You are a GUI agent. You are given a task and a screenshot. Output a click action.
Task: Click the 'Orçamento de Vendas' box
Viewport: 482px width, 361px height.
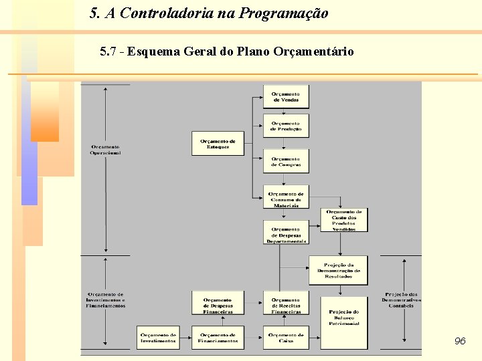click(x=286, y=96)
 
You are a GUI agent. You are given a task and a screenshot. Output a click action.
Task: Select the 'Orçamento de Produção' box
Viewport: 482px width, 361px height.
click(x=286, y=125)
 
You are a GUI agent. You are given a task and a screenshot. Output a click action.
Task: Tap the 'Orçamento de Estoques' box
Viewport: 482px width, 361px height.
click(x=218, y=144)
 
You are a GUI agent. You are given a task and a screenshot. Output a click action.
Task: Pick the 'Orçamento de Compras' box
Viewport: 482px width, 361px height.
click(x=286, y=161)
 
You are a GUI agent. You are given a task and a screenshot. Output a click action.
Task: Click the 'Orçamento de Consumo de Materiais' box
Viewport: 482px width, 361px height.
click(x=286, y=199)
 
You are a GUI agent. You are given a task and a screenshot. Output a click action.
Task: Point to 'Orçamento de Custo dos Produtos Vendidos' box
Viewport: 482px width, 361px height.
click(x=344, y=220)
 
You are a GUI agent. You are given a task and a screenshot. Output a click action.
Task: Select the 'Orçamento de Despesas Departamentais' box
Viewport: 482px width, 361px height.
click(x=286, y=234)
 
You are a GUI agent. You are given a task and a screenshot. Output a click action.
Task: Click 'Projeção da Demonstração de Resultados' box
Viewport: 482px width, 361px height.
click(x=337, y=270)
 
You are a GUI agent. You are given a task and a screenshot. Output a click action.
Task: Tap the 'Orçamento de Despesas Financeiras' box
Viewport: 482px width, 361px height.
click(x=218, y=305)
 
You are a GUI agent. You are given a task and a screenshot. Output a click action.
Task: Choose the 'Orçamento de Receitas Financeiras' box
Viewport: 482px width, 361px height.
click(x=286, y=305)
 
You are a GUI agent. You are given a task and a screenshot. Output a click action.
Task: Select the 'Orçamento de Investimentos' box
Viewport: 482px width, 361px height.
click(x=159, y=338)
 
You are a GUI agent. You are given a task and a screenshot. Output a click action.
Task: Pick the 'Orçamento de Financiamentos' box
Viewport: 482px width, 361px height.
click(x=218, y=338)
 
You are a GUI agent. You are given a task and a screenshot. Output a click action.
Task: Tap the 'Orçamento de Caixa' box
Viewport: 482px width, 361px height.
click(x=286, y=338)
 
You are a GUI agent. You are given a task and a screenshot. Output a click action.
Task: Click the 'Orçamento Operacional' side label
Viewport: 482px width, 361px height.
click(x=106, y=150)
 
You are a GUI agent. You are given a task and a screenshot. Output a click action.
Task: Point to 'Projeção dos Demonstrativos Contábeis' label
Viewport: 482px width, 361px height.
click(x=401, y=299)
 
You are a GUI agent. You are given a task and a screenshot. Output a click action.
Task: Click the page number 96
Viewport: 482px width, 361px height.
click(x=459, y=342)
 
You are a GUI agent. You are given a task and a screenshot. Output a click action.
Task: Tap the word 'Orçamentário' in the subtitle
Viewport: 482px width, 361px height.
click(x=313, y=51)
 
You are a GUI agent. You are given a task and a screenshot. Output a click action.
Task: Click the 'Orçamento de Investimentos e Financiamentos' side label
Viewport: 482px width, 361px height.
click(x=106, y=299)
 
